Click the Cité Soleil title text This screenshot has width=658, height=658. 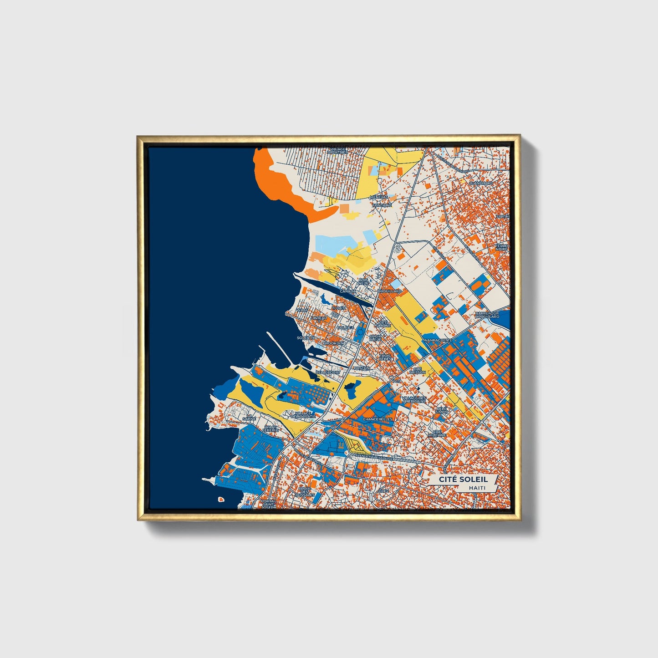tap(463, 479)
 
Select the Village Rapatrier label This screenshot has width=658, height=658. tap(338, 150)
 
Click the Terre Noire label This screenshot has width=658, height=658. tap(503, 247)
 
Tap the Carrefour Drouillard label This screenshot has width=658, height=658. tap(487, 315)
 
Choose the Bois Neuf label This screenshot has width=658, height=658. tap(363, 282)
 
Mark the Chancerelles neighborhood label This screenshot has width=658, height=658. tap(377, 419)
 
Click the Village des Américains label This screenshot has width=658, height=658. tap(413, 400)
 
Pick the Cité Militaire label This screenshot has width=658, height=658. tap(437, 433)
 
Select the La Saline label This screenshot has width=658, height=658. tap(249, 418)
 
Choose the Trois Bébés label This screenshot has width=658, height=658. tap(385, 357)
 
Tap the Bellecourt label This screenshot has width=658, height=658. tap(328, 372)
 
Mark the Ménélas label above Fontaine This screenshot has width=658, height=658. tap(379, 197)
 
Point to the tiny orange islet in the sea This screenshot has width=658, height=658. tap(221, 499)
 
